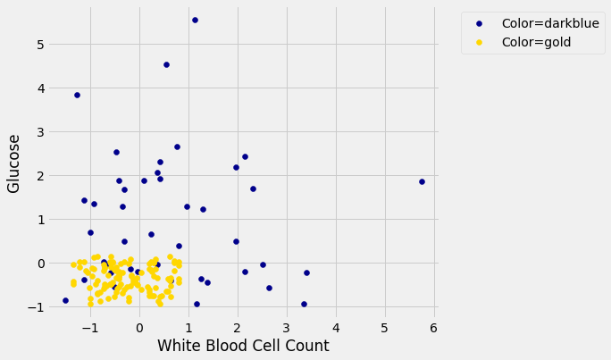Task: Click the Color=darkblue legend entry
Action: pyautogui.click(x=550, y=23)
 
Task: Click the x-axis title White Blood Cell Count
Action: pyautogui.click(x=243, y=346)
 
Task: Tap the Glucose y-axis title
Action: pyautogui.click(x=14, y=163)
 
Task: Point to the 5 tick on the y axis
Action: pyautogui.click(x=40, y=45)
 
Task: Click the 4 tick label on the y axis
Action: pyautogui.click(x=40, y=88)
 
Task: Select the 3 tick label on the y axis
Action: pyautogui.click(x=40, y=132)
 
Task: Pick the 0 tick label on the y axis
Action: pyautogui.click(x=40, y=264)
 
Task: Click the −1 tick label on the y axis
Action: pyautogui.click(x=37, y=307)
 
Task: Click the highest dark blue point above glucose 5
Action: pyautogui.click(x=195, y=20)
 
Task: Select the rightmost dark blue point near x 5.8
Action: pyautogui.click(x=422, y=181)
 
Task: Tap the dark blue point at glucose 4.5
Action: pyautogui.click(x=166, y=64)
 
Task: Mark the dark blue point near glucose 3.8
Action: pyautogui.click(x=77, y=95)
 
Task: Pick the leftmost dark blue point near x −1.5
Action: pyautogui.click(x=65, y=300)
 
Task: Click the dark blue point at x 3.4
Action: pyautogui.click(x=306, y=273)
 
